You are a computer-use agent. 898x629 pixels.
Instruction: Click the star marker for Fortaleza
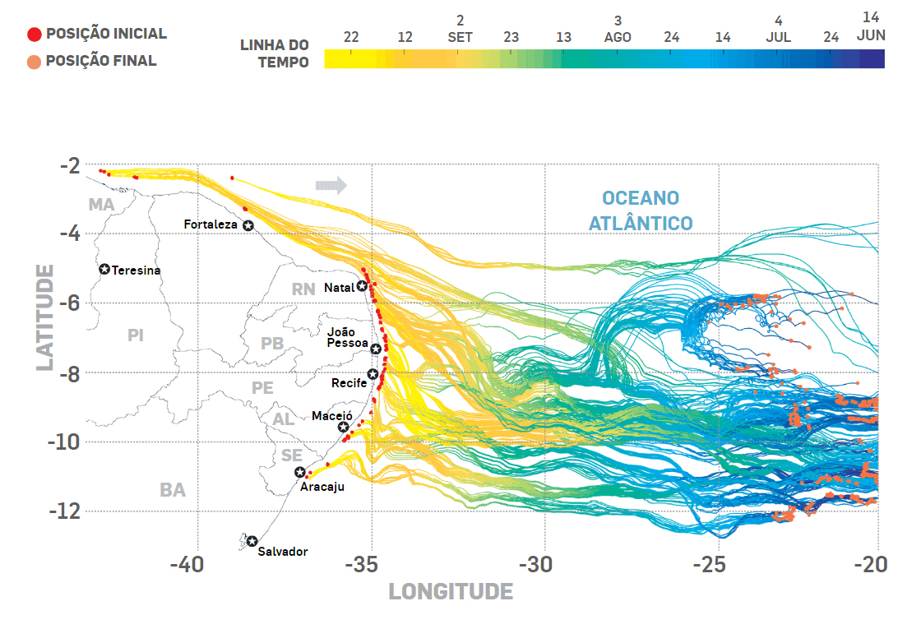pos(248,225)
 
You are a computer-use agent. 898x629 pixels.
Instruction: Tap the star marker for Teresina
pos(104,269)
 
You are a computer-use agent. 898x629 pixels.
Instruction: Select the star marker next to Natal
pos(362,286)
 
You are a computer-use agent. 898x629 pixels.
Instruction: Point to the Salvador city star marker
pos(252,541)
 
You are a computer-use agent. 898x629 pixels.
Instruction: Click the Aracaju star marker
pos(300,472)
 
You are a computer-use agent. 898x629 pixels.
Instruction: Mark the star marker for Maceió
pos(344,427)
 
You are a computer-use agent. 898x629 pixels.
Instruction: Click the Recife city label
pos(349,383)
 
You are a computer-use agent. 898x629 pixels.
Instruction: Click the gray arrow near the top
pos(331,185)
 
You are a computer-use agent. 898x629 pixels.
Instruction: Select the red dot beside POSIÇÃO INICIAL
pos(34,35)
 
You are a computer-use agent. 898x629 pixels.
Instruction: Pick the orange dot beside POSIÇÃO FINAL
pos(34,61)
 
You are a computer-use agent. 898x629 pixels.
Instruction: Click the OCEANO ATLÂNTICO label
pos(641,210)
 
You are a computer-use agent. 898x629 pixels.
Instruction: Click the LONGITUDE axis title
pos(451,592)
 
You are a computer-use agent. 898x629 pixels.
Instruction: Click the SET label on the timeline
pos(460,37)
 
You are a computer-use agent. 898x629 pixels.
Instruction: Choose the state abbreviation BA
pos(173,491)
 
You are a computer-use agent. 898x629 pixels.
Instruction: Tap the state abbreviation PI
pos(136,335)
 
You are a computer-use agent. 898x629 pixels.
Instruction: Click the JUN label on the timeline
pos(871,35)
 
